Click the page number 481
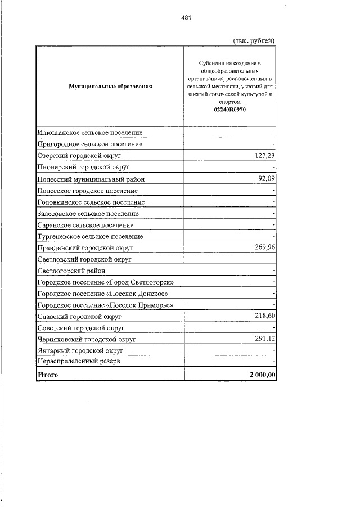(186, 18)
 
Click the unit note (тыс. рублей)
(254, 40)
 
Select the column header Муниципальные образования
(110, 87)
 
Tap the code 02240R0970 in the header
(229, 110)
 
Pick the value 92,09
(265, 179)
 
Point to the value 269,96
(263, 247)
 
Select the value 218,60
(263, 317)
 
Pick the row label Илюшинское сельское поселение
(89, 133)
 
